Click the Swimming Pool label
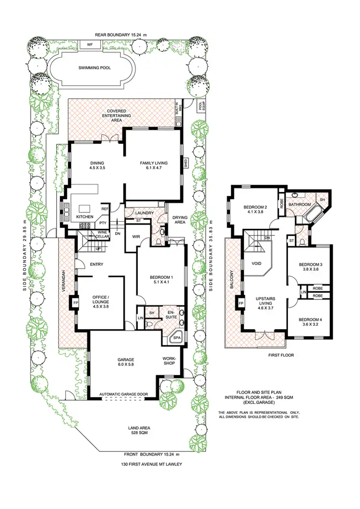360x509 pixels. coord(95,68)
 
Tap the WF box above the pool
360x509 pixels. coord(90,45)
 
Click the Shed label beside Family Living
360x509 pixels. coord(186,163)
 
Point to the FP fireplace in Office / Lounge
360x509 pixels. coord(75,304)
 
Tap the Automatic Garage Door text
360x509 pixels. coord(123,394)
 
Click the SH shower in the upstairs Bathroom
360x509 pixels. coord(322,200)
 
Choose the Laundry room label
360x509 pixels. coord(144,213)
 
